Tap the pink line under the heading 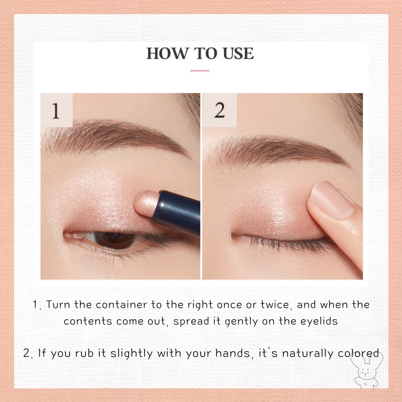point(200,71)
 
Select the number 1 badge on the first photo point(56,111)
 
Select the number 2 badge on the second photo point(219,111)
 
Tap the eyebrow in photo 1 point(117,135)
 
